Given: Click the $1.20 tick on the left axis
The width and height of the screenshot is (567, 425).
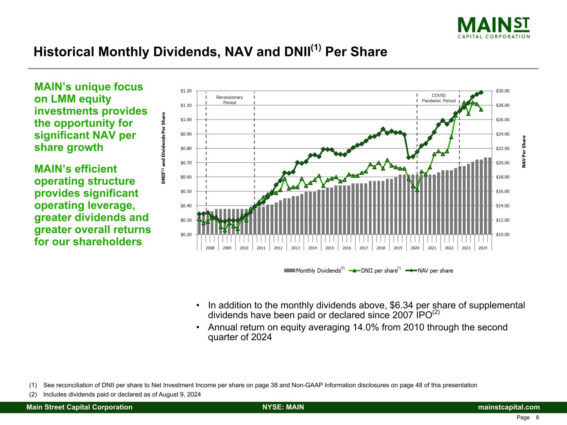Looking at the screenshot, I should click(186, 91).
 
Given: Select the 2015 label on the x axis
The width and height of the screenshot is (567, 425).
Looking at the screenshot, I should click(330, 248).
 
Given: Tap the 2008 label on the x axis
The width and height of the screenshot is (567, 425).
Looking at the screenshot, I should click(210, 248).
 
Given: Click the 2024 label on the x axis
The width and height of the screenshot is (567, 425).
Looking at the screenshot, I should click(483, 248).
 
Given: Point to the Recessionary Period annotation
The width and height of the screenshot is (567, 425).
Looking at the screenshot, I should click(230, 100).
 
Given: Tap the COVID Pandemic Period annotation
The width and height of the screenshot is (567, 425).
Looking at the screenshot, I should click(438, 98).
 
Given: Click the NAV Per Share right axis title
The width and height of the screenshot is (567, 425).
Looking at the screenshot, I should click(524, 151).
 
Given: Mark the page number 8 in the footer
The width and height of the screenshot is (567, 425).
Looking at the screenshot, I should click(537, 418).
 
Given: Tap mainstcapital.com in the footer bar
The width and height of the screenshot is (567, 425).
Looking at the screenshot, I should click(509, 407).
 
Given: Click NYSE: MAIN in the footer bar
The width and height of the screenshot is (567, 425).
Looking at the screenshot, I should click(283, 407).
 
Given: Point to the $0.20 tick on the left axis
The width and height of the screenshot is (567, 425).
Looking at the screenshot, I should click(186, 234).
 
